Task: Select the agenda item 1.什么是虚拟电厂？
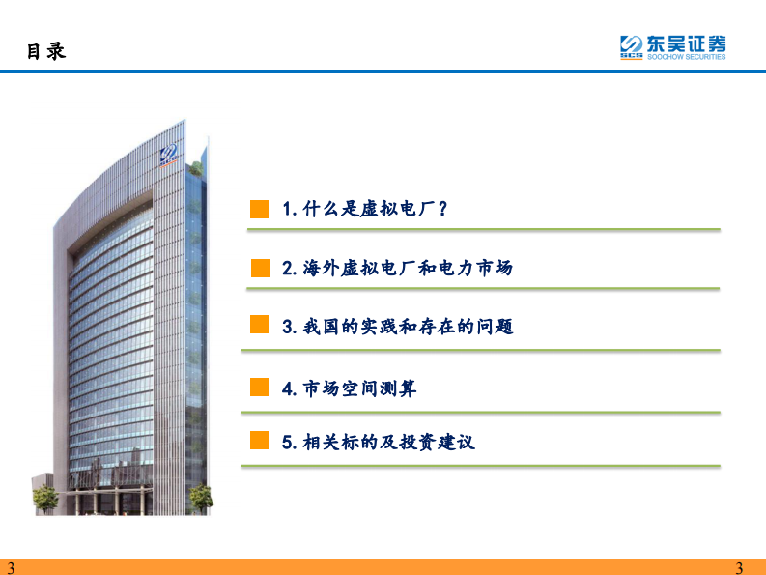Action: [364, 210]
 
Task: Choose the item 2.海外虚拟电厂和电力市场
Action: [397, 268]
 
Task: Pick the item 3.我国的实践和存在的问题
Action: [397, 327]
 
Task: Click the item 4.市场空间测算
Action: [350, 388]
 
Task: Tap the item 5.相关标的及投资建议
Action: [379, 443]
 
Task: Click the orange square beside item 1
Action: [259, 210]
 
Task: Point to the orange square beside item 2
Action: [259, 268]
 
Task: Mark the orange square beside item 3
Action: [259, 326]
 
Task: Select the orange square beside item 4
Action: [259, 388]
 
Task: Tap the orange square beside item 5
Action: [259, 442]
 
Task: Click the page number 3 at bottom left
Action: [11, 567]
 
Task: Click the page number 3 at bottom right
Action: [740, 567]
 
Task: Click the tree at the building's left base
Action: [45, 499]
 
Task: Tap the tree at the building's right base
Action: [200, 498]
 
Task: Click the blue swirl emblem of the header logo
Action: [631, 44]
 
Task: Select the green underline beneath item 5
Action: [480, 467]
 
